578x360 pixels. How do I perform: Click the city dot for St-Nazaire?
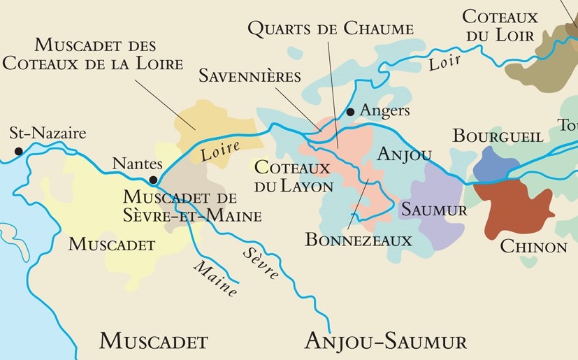(18, 150)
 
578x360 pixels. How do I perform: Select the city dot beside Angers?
(351, 112)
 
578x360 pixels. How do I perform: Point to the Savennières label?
(250, 75)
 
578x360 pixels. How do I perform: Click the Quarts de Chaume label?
(331, 29)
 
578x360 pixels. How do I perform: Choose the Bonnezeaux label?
(359, 239)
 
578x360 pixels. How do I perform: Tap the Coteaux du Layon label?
(293, 177)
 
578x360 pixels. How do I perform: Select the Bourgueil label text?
(498, 136)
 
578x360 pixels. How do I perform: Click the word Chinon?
(533, 247)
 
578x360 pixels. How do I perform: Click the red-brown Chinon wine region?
(514, 206)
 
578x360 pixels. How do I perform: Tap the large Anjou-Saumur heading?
(386, 341)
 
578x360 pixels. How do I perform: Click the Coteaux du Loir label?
(500, 25)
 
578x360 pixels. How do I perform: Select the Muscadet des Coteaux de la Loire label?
(92, 54)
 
